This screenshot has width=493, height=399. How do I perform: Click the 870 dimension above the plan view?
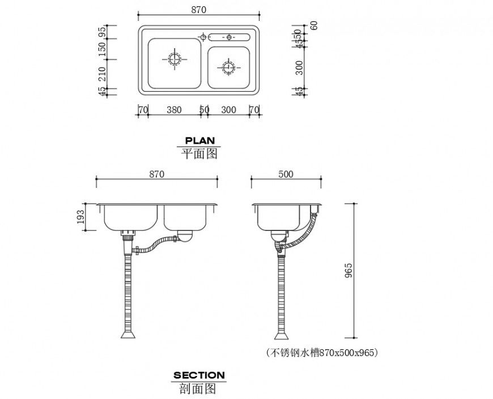(198, 10)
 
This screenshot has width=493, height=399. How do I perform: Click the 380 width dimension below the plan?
(174, 110)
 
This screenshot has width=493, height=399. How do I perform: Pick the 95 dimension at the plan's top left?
(103, 32)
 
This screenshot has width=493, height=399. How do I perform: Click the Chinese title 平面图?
(199, 153)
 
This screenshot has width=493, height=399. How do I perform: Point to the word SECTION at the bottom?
(199, 375)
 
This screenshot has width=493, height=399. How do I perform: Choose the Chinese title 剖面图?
(199, 388)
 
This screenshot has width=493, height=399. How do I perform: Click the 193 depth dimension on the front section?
(80, 217)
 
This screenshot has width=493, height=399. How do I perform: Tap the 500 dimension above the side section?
(286, 174)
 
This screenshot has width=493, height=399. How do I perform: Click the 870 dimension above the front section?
(157, 174)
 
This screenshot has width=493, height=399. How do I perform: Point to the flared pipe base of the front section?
(128, 334)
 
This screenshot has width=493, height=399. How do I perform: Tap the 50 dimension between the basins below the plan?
(204, 110)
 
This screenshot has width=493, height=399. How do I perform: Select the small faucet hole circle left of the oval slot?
(202, 37)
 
